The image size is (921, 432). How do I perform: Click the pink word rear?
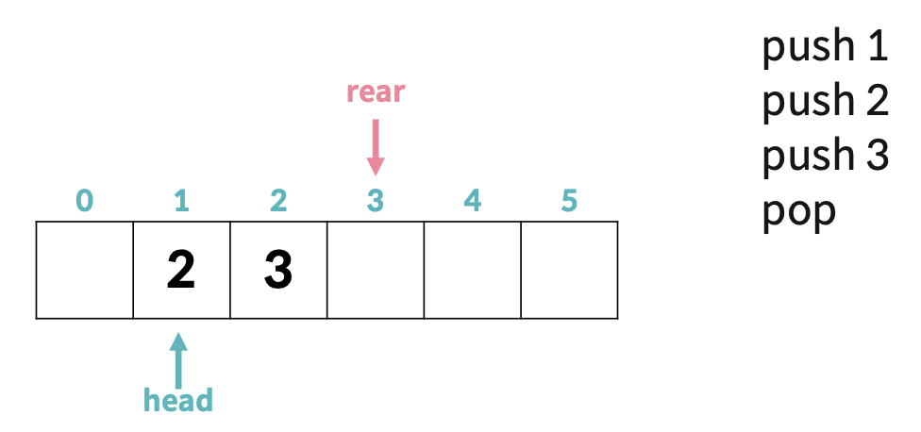[x=376, y=91]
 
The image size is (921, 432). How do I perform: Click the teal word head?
[x=178, y=400]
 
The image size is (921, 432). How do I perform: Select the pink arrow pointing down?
[x=376, y=146]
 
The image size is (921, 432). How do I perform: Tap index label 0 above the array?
[x=84, y=201]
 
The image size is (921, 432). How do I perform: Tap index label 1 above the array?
[x=181, y=201]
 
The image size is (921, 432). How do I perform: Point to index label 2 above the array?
[x=278, y=201]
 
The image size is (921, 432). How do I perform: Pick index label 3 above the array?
[x=376, y=201]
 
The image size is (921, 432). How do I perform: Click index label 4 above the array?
[x=472, y=201]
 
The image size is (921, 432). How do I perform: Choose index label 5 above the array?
[x=568, y=201]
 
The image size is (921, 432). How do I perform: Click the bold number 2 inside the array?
[x=180, y=271]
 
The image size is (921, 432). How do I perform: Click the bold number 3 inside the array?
[x=278, y=271]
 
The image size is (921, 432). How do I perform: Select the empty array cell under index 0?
[x=84, y=270]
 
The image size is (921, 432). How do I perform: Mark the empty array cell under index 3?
[x=376, y=270]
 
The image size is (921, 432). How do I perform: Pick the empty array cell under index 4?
[x=472, y=270]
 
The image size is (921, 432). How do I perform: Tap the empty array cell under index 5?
[x=569, y=270]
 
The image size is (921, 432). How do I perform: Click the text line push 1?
[x=826, y=47]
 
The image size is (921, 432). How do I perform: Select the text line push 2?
[x=826, y=101]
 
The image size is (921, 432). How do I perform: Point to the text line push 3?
[x=826, y=156]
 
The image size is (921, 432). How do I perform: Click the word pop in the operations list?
[x=798, y=211]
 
